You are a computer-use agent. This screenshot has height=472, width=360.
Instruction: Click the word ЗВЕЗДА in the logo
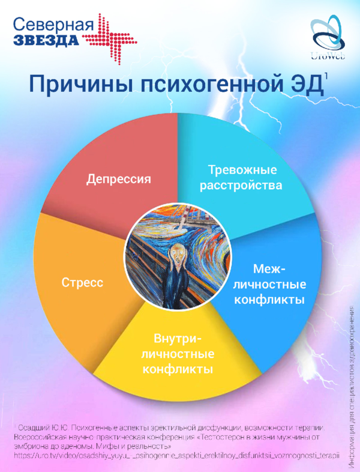pos(46,40)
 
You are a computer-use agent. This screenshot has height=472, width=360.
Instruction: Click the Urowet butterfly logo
pos(328,36)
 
